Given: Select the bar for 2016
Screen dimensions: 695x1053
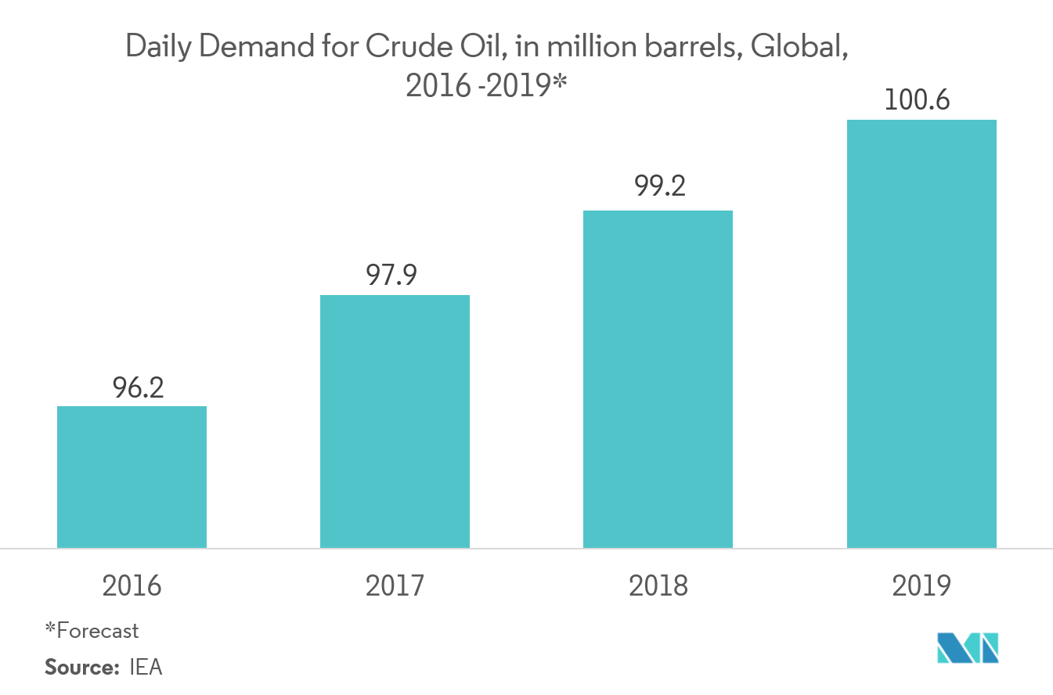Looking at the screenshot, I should point(132,477).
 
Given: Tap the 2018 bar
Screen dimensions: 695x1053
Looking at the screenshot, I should point(658,379).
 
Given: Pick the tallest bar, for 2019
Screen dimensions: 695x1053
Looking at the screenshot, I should point(921,333).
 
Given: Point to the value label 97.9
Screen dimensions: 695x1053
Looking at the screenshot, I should point(395,276).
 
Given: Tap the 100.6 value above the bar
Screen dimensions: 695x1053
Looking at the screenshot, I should point(921,101).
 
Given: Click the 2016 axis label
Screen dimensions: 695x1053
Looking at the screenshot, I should point(132,585).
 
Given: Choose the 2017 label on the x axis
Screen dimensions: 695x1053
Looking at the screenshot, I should point(395,585).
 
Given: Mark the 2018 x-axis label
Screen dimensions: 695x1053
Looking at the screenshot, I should point(658,585).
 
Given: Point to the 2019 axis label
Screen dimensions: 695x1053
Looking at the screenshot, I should point(921,585).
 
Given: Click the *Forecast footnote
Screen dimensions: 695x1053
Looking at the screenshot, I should point(92,630).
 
